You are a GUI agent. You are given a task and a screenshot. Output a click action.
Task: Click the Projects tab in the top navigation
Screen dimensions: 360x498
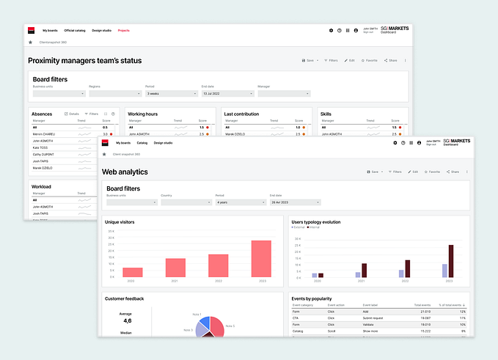tap(123, 31)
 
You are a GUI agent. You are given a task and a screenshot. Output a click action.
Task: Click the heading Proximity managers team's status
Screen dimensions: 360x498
tap(84, 60)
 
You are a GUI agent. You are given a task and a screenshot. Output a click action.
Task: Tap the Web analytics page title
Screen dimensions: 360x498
tap(125, 172)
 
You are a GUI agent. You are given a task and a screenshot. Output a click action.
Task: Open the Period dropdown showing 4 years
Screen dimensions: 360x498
tap(239, 202)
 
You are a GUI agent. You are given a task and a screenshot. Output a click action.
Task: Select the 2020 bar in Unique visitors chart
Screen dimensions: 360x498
tap(133, 272)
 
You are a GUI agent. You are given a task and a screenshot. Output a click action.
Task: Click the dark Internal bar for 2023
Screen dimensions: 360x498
tap(451, 261)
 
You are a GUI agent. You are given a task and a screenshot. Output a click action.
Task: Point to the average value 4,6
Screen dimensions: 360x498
tap(127, 320)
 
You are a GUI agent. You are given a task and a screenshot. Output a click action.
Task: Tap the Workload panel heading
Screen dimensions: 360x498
tap(41, 186)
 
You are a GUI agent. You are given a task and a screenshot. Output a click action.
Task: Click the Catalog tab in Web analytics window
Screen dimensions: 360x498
tap(142, 143)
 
